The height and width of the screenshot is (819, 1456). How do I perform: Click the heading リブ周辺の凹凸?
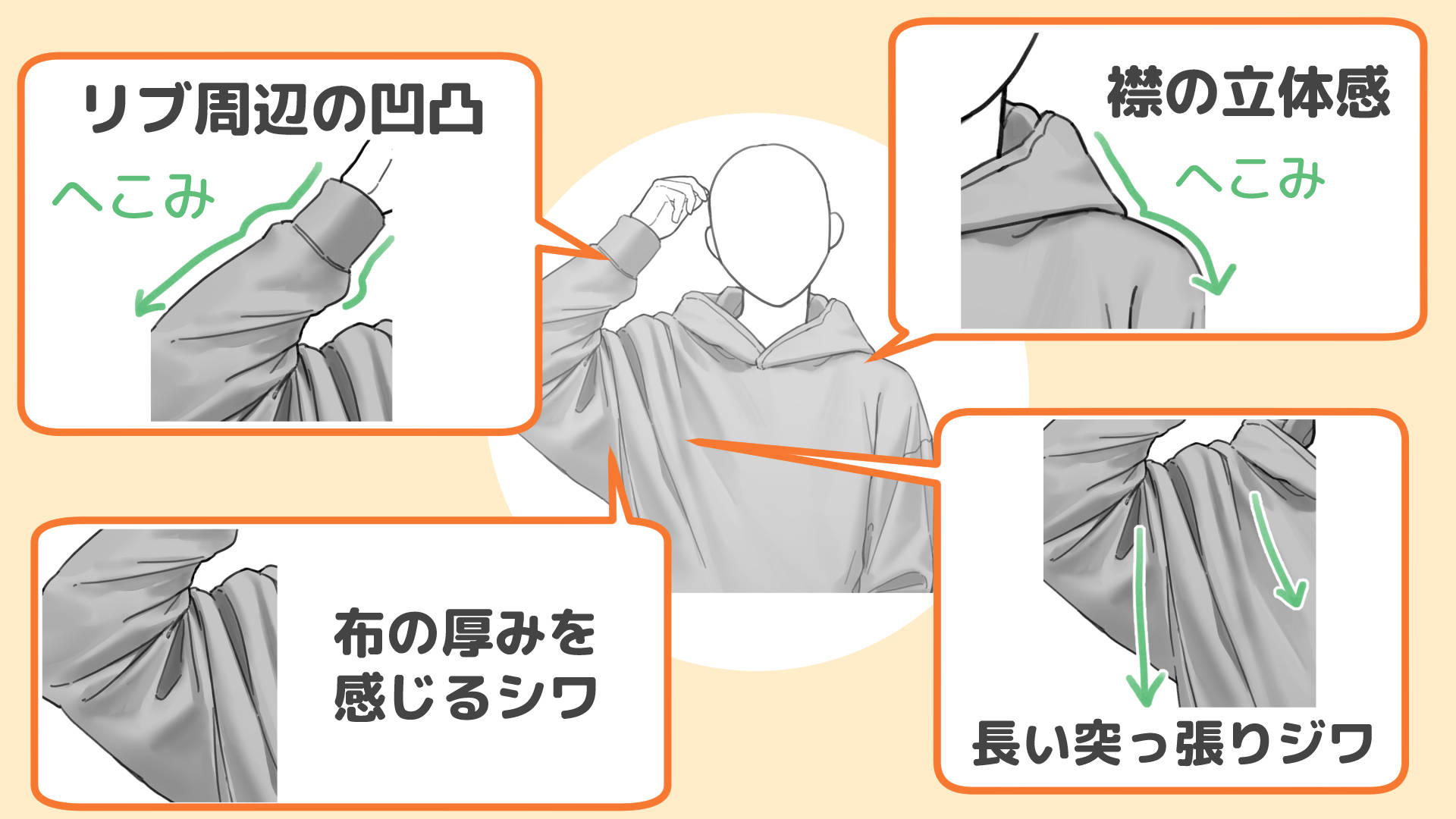pos(282,110)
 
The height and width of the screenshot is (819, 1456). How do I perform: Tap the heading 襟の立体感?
pos(1248,93)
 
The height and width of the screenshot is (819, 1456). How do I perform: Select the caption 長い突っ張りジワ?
pos(1172,743)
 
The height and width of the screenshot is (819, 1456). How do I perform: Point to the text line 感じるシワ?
pos(464,696)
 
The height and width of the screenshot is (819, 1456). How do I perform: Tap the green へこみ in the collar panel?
pos(1250,179)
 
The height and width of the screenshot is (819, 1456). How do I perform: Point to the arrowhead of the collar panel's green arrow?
pos(1213,281)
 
